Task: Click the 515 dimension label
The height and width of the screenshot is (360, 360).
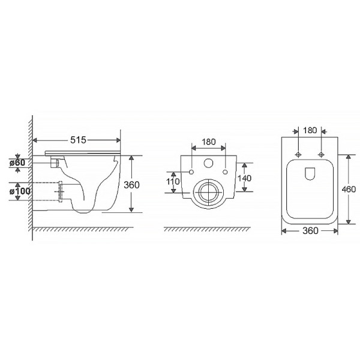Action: [78, 140]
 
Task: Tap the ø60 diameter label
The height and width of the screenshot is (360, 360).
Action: [17, 163]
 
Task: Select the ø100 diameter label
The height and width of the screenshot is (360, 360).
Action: [20, 191]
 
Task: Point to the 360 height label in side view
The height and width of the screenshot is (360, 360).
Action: [131, 185]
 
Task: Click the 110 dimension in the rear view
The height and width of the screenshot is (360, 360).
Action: [173, 182]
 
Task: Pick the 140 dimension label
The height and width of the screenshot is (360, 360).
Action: [244, 178]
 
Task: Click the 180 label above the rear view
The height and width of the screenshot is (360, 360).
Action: [208, 142]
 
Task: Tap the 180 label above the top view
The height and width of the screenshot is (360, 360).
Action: [310, 130]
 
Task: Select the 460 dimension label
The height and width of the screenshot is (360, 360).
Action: [349, 190]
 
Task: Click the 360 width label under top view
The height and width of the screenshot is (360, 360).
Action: [310, 231]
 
